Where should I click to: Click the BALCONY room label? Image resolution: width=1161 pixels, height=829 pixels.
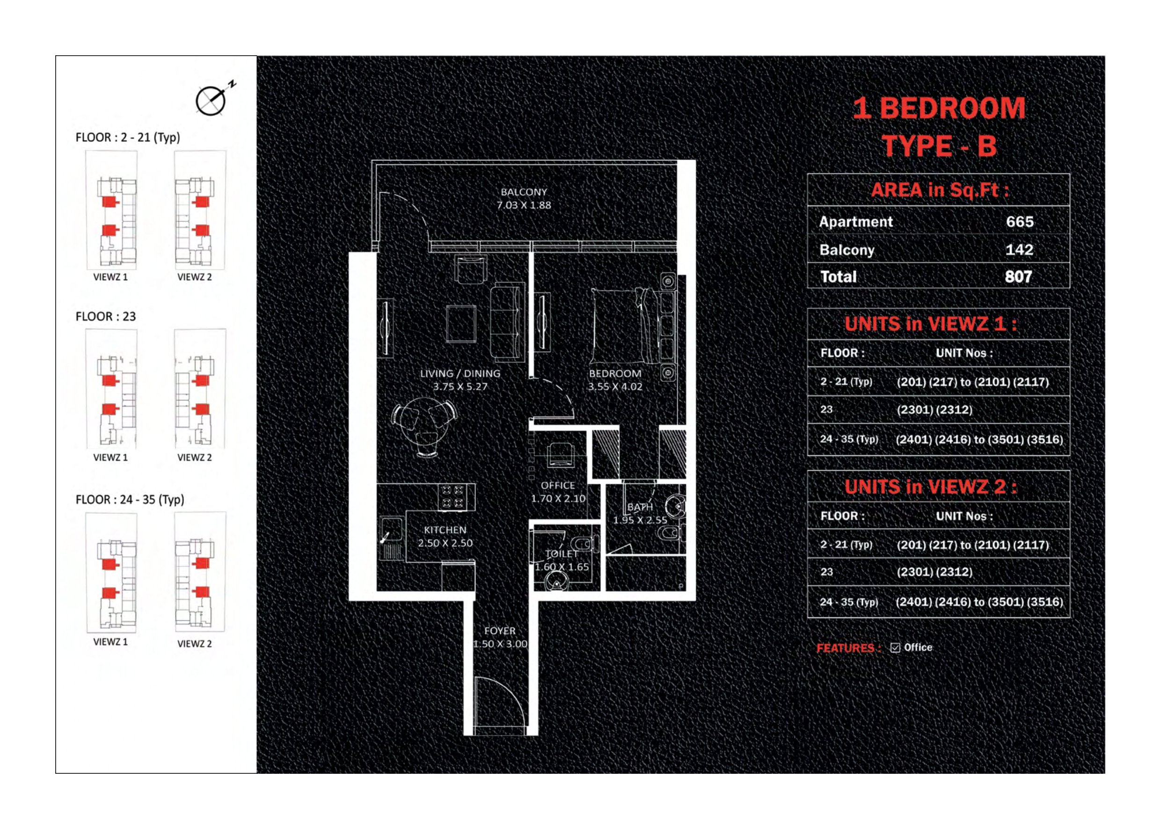coord(523,192)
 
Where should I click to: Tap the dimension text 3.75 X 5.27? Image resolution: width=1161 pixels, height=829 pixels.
coord(460,386)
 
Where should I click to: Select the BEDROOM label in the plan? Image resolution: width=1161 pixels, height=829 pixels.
coord(615,374)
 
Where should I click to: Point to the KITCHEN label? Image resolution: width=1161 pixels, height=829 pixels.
coord(445,530)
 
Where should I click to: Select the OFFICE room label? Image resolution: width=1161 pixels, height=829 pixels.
coord(557,486)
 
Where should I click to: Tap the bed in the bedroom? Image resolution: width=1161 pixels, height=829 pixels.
coord(626,326)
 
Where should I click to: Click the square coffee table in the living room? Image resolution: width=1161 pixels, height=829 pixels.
coord(460,324)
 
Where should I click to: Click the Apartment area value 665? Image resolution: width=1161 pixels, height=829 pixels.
coord(1019,222)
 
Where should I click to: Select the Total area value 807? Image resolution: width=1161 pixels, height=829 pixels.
coord(1018,276)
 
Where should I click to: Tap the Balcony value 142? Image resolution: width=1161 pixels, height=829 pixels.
coord(1019,250)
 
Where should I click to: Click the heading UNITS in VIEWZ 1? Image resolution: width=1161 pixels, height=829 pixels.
coord(930,324)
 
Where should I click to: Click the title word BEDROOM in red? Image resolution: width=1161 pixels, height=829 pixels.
coord(952,108)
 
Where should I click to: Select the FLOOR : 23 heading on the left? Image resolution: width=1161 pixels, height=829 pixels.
coord(106,317)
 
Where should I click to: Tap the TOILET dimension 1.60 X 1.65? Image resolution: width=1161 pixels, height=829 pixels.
coord(562,567)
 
